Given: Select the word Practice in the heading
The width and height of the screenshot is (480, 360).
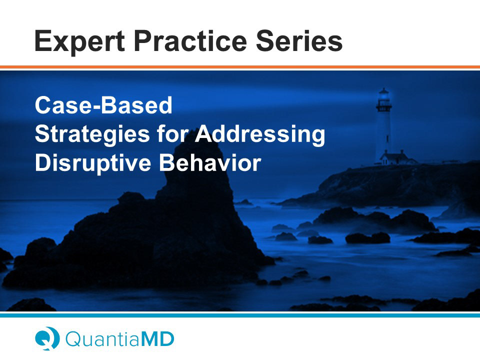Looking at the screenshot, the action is [190, 41].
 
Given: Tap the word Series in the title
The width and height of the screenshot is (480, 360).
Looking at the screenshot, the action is [299, 41].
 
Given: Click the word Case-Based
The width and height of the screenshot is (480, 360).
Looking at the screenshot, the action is [103, 105].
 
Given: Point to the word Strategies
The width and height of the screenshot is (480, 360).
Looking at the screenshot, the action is [92, 134].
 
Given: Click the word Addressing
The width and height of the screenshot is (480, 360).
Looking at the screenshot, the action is [260, 134].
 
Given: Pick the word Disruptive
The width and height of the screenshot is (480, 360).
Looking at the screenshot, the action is [93, 163].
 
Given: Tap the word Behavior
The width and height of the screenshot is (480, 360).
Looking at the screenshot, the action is [210, 162].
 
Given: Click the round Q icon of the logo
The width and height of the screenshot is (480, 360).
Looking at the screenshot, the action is [47, 338].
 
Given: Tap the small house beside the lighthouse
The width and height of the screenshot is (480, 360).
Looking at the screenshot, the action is [395, 158].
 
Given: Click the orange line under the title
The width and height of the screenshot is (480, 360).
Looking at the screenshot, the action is [240, 67].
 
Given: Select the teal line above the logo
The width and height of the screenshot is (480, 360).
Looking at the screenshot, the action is [240, 315].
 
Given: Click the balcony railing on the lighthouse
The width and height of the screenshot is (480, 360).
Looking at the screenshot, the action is [383, 107].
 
